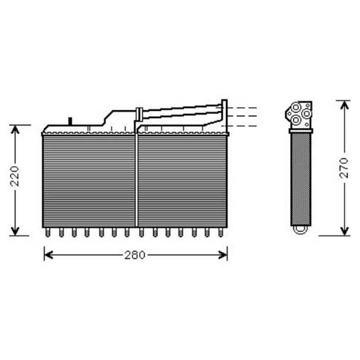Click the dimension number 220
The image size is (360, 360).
click(15, 176)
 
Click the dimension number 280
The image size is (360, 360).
click(135, 255)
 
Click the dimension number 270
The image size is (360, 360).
click(344, 168)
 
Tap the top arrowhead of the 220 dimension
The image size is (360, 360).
click(15, 130)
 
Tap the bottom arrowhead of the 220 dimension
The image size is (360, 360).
click(15, 231)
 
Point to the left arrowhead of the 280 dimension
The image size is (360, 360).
click(49, 255)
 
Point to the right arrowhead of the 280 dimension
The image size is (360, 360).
click(222, 255)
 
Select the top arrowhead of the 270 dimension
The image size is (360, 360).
click(344, 105)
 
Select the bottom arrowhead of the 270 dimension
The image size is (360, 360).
click(344, 231)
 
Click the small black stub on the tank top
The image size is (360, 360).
click(71, 121)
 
